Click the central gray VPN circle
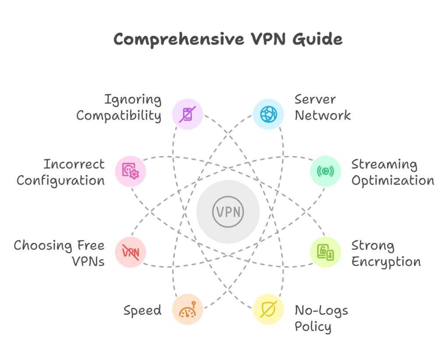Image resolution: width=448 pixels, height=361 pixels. (x=228, y=212)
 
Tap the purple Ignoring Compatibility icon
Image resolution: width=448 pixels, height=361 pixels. (x=188, y=115)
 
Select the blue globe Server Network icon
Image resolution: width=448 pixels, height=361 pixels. (x=269, y=115)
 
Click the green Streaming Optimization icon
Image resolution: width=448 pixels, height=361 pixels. (x=325, y=172)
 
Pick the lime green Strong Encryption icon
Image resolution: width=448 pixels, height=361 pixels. (x=325, y=252)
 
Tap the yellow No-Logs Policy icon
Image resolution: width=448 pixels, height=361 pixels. (x=269, y=309)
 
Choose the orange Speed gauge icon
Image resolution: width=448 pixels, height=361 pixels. (x=188, y=309)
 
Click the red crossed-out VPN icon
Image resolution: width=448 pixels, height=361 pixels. (x=130, y=252)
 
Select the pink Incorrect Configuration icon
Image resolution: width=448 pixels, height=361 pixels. (x=130, y=172)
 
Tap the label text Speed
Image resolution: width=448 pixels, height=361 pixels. (x=142, y=311)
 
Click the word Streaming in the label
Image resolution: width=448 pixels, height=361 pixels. (x=384, y=165)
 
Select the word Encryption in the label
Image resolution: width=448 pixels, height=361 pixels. (x=386, y=262)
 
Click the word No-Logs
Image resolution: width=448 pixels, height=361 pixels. (x=321, y=311)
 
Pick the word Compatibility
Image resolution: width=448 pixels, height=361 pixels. (x=119, y=116)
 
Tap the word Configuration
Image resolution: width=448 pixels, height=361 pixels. (x=61, y=180)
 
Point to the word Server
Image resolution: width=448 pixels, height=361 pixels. (x=315, y=99)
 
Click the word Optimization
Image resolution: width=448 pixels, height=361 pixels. (x=392, y=180)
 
